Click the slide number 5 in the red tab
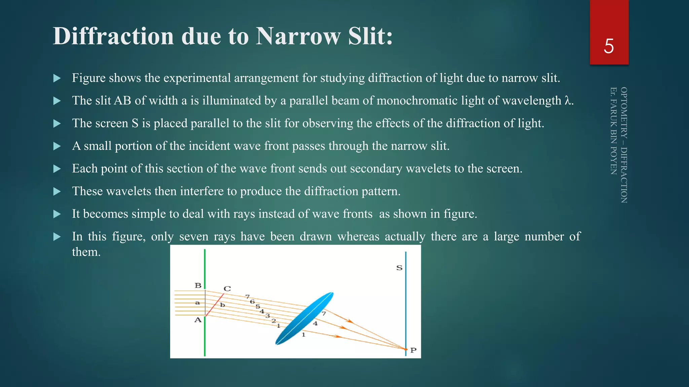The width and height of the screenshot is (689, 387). pos(609,46)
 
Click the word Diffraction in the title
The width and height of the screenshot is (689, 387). pos(113,36)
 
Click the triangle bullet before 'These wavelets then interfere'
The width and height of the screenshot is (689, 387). pos(57,191)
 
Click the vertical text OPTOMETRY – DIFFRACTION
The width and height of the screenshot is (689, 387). pos(624,145)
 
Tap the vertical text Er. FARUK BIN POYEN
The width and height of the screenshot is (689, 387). pos(613,131)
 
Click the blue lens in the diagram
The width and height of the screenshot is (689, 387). pos(304,318)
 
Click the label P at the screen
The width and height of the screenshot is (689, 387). pos(413,350)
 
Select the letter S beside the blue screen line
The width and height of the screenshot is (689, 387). pos(399,268)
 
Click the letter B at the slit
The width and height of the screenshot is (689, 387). pos(198,286)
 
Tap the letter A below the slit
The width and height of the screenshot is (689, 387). pos(198,320)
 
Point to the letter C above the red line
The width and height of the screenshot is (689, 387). pos(227,289)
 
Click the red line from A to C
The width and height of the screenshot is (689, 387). pos(215,305)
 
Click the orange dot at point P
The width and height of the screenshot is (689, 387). pos(406,349)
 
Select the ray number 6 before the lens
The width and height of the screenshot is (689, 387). pos(252,302)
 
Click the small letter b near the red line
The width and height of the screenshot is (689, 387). pos(222,305)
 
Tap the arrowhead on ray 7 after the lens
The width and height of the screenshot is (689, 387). pos(350,321)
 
